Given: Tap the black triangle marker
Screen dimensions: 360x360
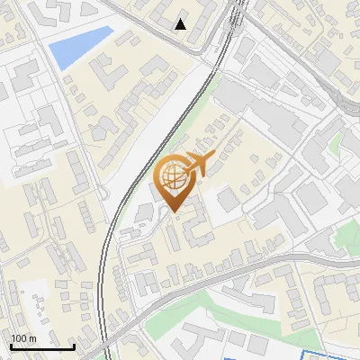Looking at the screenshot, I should point(181,24).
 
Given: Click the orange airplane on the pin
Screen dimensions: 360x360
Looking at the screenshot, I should point(200,163).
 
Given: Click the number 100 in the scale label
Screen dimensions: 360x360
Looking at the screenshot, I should point(19,338).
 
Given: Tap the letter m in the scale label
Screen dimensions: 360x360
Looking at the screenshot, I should point(32,338).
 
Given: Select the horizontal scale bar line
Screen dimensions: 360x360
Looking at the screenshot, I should point(42,346).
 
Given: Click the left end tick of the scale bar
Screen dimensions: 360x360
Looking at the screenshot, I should point(11,345).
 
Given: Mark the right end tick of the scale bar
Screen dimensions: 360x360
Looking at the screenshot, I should point(74,345).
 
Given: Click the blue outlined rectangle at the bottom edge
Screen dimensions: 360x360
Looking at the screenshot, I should point(328,355).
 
